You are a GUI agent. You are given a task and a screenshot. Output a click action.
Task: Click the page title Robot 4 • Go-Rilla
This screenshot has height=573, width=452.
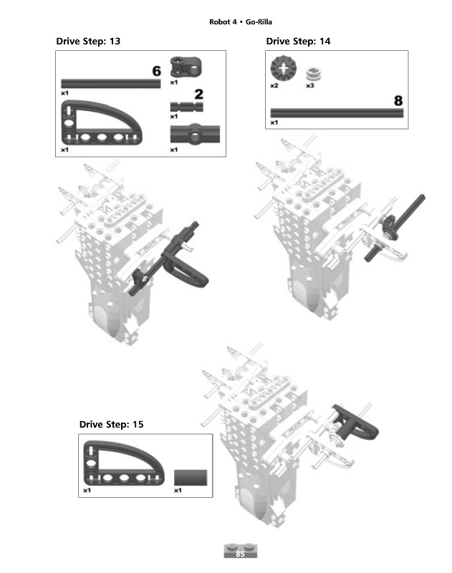coord(241,22)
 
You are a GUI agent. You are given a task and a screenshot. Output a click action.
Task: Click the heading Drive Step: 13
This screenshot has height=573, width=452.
coord(88,42)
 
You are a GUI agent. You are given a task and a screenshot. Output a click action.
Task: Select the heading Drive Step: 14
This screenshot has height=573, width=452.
coord(298,42)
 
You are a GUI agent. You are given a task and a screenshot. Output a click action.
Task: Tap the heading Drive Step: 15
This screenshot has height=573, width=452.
coord(112,424)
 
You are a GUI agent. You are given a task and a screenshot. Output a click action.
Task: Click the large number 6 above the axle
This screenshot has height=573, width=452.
coord(156,71)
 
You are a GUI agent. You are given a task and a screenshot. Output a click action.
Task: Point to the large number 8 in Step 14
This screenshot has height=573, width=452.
coord(398,101)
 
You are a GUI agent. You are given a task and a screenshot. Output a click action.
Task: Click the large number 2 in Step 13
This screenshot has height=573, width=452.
coord(198,95)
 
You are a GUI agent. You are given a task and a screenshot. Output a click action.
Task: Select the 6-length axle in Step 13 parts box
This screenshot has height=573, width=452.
coord(111,84)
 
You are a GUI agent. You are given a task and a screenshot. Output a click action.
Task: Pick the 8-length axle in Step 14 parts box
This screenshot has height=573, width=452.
coord(337,113)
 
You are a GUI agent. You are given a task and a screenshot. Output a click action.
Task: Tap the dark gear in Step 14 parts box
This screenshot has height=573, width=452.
coord(283,68)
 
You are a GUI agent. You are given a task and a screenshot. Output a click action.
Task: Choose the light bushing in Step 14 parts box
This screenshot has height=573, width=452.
coord(314,74)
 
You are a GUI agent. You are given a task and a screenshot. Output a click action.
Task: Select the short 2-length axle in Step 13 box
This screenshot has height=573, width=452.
coord(186,107)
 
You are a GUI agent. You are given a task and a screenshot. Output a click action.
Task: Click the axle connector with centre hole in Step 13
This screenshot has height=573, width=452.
coord(195,134)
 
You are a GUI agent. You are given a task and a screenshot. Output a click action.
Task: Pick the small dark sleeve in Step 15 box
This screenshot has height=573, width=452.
coord(191,478)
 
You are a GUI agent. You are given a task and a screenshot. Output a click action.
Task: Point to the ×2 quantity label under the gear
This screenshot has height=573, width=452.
coord(274,86)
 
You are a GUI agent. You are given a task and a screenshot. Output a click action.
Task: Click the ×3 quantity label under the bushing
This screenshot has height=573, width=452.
coord(310,86)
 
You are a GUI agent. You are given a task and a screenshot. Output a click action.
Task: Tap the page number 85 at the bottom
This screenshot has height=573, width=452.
coord(240,554)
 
